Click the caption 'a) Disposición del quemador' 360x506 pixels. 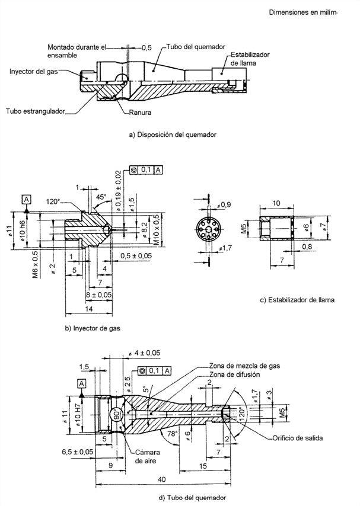click(x=172, y=134)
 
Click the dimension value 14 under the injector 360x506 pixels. click(x=88, y=309)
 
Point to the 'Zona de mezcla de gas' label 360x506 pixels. click(x=245, y=366)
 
